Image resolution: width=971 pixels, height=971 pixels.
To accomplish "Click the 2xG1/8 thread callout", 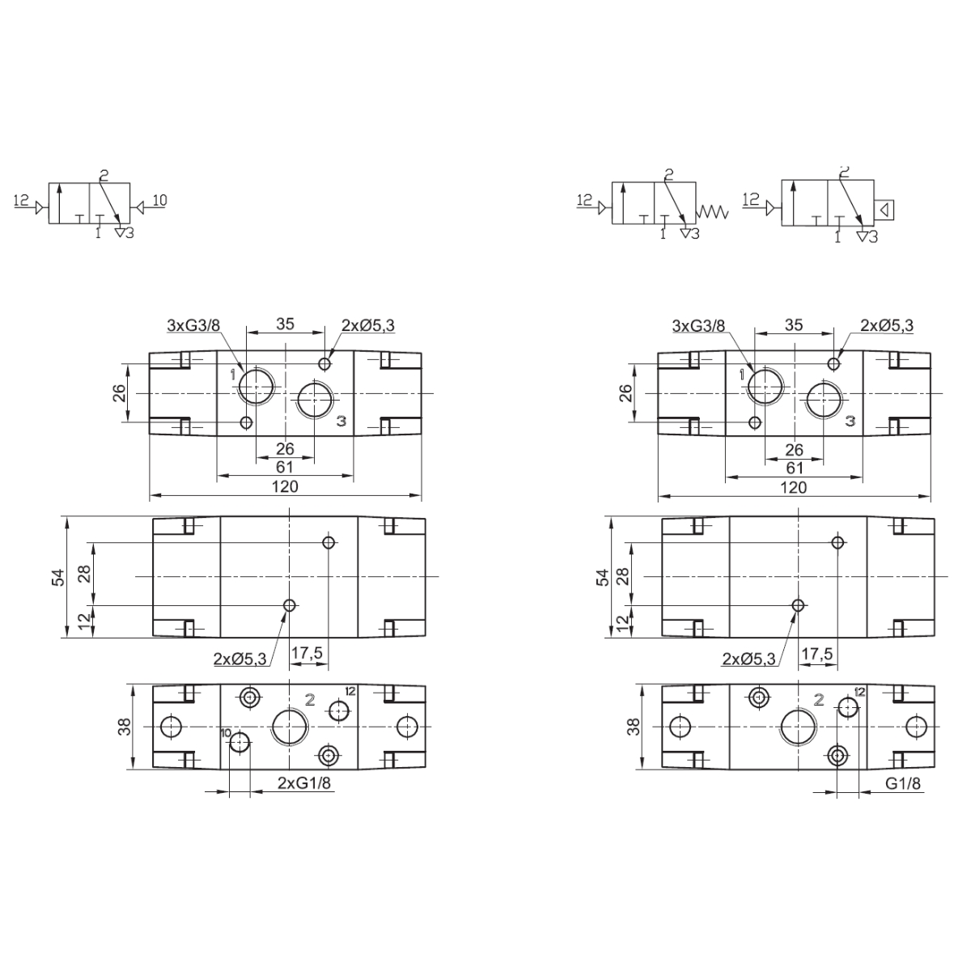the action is pos(304,782).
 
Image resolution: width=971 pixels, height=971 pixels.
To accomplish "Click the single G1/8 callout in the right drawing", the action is pos(902,782).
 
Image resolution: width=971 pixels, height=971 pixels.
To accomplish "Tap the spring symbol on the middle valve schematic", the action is pos(712,212).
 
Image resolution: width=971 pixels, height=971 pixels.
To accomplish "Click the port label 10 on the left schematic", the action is pos(159,200).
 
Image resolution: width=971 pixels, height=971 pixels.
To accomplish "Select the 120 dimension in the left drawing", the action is pos(285,486).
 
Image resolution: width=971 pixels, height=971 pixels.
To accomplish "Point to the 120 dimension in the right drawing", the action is pos(794,487).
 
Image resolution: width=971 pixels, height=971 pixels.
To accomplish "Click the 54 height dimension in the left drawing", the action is pos(59,577).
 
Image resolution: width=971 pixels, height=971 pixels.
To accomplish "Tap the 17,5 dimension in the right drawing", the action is pos(817,654).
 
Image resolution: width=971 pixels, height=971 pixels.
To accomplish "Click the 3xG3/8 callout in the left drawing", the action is pos(193,325).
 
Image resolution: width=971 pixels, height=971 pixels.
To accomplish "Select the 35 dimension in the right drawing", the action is pos(794,325).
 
